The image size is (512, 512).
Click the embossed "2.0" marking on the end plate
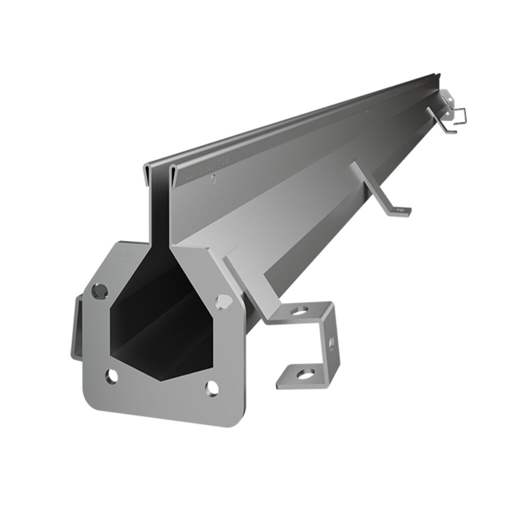pyautogui.click(x=123, y=258)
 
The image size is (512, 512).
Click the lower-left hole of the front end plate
pyautogui.click(x=111, y=376)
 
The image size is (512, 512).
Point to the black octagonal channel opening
pyautogui.click(x=160, y=320)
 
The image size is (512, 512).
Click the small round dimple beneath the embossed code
pyautogui.click(x=213, y=178)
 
